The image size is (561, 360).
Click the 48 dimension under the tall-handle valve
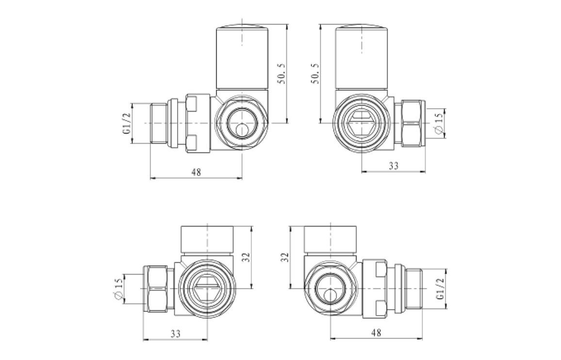196,172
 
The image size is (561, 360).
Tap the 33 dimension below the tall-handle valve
394,165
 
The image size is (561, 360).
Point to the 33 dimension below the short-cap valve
175,333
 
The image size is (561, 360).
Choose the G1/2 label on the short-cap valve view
440,290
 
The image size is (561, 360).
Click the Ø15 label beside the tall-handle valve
438,123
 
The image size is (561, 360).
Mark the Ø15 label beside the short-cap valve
117,290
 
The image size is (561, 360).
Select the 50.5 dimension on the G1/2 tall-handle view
281,73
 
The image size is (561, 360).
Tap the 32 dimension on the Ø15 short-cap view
247,257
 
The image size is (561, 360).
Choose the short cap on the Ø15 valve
208,240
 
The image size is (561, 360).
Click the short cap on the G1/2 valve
330,240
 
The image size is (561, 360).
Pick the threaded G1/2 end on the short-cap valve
414,290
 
